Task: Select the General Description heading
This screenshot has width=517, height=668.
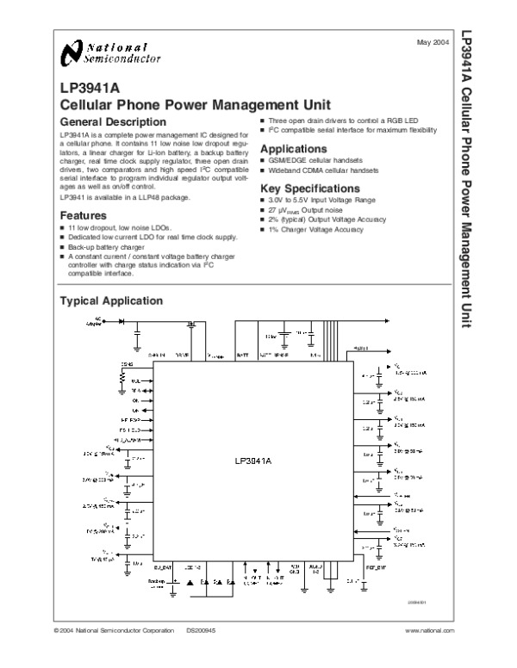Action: click(111, 122)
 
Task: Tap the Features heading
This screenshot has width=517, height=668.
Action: click(83, 215)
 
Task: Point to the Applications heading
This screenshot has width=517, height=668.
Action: click(294, 149)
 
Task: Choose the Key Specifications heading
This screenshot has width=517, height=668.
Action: click(309, 188)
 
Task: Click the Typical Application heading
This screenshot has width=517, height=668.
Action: click(109, 301)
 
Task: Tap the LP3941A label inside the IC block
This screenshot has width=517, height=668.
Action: click(252, 461)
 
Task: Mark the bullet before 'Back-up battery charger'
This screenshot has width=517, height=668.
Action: click(62, 246)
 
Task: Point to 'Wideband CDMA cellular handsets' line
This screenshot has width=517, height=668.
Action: click(323, 170)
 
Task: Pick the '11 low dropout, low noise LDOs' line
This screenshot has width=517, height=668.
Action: click(115, 227)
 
